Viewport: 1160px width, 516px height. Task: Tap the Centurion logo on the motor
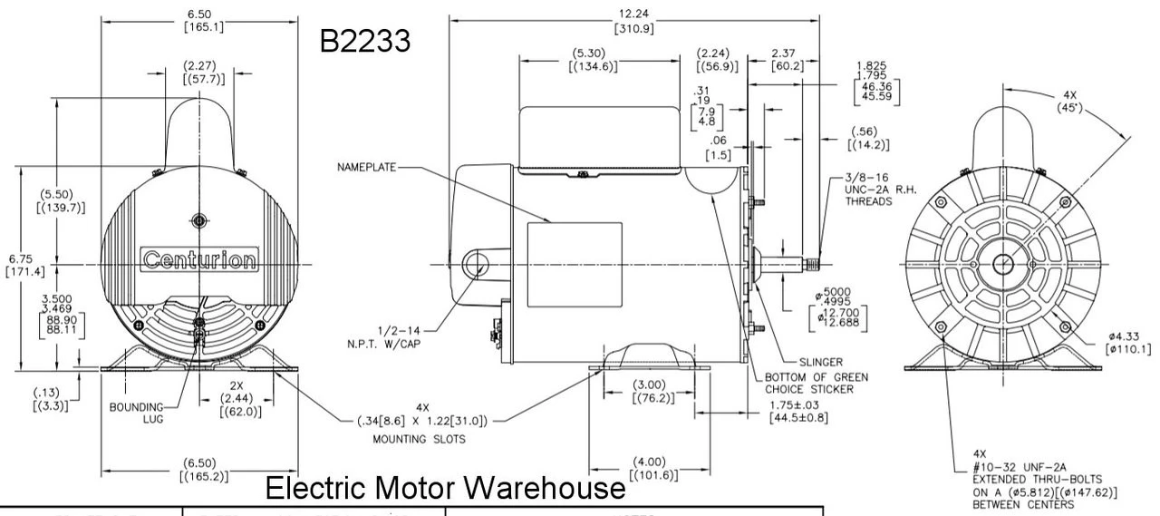click(199, 261)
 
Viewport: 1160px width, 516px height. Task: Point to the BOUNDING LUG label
click(137, 413)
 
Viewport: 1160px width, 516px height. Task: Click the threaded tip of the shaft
click(812, 264)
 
